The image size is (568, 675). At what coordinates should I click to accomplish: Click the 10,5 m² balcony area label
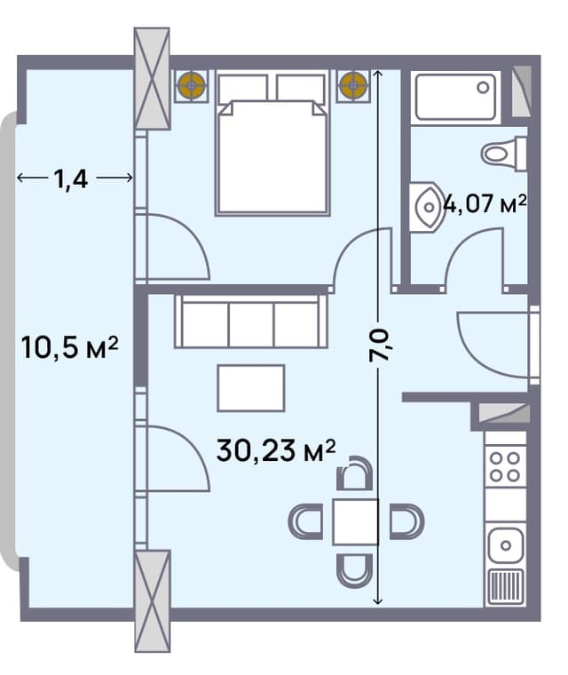click(x=69, y=347)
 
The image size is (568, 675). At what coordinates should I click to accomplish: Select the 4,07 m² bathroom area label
click(x=485, y=205)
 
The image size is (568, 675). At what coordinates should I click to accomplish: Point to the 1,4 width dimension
click(x=74, y=179)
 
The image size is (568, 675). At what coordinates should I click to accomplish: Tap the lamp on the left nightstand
click(x=191, y=85)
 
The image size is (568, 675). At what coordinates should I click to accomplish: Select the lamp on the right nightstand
click(x=353, y=85)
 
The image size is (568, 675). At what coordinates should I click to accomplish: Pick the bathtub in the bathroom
click(x=456, y=97)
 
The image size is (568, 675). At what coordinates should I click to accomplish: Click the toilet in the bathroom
click(x=503, y=153)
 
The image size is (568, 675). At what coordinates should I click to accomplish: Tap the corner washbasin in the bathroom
click(x=427, y=208)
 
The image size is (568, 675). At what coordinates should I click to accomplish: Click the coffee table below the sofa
click(x=251, y=387)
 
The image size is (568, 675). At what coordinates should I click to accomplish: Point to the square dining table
click(x=355, y=521)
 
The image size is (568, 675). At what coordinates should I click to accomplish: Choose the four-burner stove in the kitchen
click(x=505, y=466)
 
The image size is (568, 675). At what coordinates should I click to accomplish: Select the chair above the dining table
click(x=355, y=475)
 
